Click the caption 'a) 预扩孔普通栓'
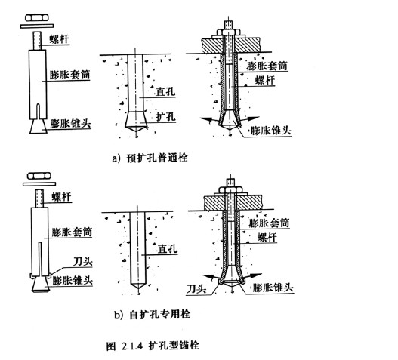coord(150,158)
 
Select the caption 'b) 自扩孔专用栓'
coord(152,314)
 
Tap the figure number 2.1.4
coord(132,346)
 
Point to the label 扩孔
coord(165,117)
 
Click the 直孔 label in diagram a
coord(165,91)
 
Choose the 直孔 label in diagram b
coord(168,248)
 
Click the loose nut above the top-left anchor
coord(37,18)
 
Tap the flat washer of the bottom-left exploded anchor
coord(39,184)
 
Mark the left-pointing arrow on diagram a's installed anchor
coord(209,119)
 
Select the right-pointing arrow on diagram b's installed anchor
coord(251,275)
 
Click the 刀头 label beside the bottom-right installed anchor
coord(196,289)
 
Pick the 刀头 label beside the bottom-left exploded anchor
coord(83,262)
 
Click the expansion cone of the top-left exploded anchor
coord(38,126)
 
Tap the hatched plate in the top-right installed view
coord(231,45)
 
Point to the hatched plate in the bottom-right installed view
coord(233,203)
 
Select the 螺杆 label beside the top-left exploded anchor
coord(59,38)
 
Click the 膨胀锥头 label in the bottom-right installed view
coord(273,288)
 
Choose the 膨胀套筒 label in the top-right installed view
coord(267,66)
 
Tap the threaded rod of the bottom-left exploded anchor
coord(39,198)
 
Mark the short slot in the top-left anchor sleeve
coord(38,112)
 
